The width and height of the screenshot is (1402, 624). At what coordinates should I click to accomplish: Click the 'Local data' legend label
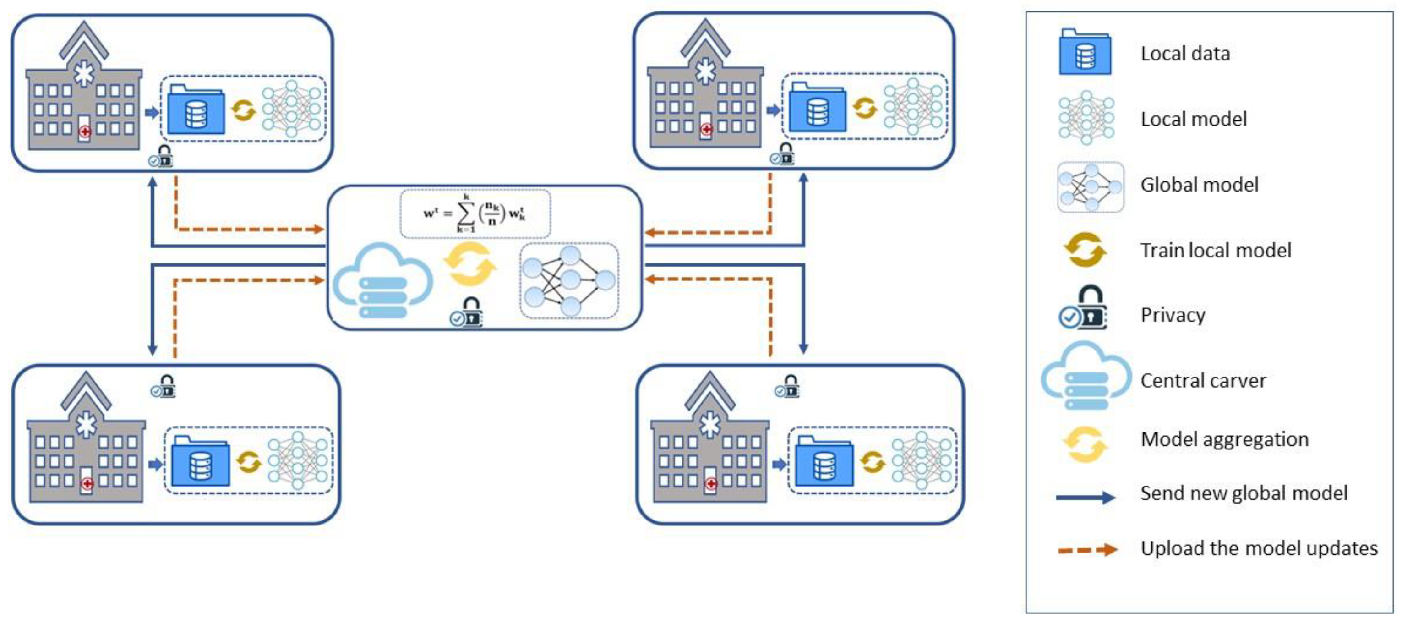[x=1185, y=53]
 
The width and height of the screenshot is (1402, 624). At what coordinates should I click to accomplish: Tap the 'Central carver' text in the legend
[x=1203, y=380]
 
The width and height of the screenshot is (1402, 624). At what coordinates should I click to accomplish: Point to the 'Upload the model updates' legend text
[x=1258, y=548]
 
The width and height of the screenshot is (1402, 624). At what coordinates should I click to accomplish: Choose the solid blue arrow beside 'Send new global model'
[x=1085, y=497]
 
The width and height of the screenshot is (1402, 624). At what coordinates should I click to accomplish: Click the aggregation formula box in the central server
[x=475, y=213]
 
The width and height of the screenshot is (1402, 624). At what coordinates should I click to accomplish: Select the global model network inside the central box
[x=569, y=280]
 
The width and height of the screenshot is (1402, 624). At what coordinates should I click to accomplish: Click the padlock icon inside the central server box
[x=467, y=312]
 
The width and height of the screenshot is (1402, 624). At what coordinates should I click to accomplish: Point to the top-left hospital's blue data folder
[x=196, y=110]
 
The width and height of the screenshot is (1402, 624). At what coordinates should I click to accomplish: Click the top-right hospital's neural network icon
[x=913, y=107]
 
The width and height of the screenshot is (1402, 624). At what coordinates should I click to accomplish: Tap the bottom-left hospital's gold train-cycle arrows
[x=249, y=462]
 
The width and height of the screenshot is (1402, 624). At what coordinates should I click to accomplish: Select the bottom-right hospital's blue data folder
[x=824, y=461]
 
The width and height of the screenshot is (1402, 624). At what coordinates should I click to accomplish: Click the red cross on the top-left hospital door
[x=85, y=131]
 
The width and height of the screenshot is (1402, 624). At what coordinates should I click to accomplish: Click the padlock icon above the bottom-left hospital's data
[x=163, y=386]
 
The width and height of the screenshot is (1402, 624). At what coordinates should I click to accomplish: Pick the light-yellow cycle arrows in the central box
[x=469, y=264]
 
